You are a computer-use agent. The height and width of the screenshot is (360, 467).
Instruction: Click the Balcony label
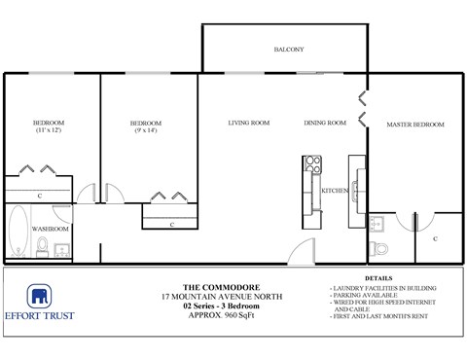pyautogui.click(x=288, y=50)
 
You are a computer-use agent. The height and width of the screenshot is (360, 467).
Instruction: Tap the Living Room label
pyautogui.click(x=248, y=124)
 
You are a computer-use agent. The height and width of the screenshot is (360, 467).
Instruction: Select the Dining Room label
pyautogui.click(x=324, y=124)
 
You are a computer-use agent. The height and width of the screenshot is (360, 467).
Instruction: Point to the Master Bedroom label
pyautogui.click(x=414, y=125)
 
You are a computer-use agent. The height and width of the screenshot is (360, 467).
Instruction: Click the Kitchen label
pyautogui.click(x=335, y=191)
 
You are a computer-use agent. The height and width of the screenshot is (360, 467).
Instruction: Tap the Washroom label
pyautogui.click(x=50, y=229)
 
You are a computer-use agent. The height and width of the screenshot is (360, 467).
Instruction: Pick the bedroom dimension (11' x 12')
pyautogui.click(x=49, y=130)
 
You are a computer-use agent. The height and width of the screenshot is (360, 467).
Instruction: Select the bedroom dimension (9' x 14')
pyautogui.click(x=146, y=130)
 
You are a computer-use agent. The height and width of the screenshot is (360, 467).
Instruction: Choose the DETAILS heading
pyautogui.click(x=380, y=278)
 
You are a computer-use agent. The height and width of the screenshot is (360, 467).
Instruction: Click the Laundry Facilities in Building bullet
pyautogui.click(x=383, y=289)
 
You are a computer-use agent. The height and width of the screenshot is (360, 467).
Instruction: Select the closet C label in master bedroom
pyautogui.click(x=434, y=238)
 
